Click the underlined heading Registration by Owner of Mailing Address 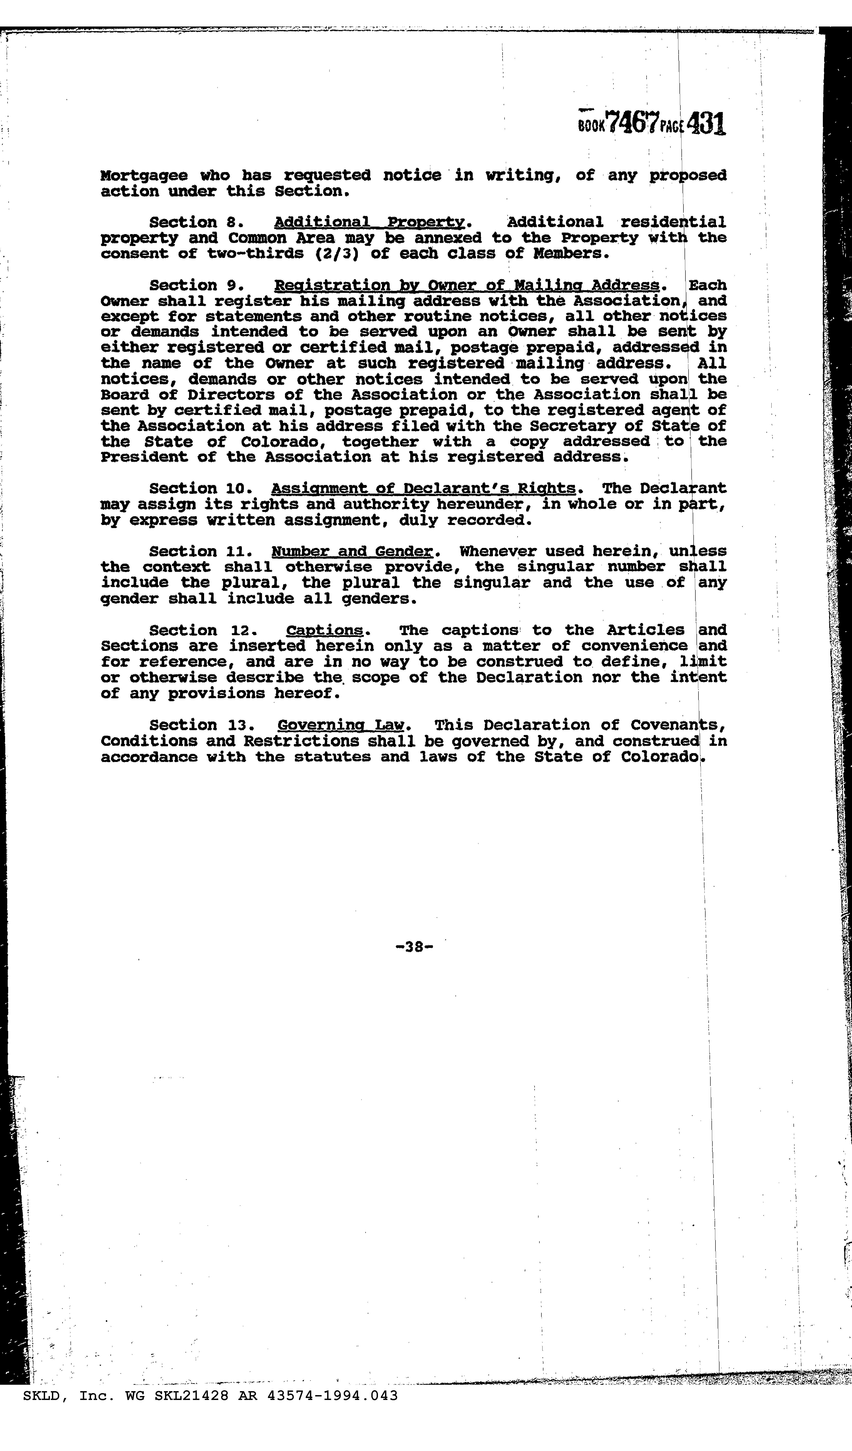[x=467, y=286]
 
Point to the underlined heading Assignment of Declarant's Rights [x=423, y=489]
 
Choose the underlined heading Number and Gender [x=351, y=552]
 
